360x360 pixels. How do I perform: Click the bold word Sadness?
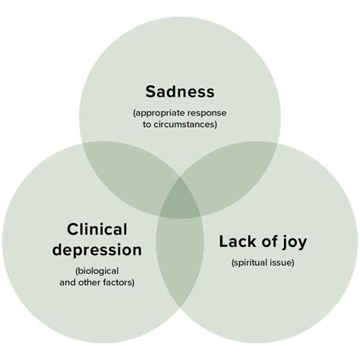coord(180,93)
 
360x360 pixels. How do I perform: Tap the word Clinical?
coord(96,229)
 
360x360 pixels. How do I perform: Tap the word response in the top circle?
coord(209,113)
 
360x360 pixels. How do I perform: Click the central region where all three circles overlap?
coord(180,200)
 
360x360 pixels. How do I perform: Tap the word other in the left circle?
coord(90,282)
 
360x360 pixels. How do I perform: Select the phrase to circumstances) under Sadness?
coord(180,124)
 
